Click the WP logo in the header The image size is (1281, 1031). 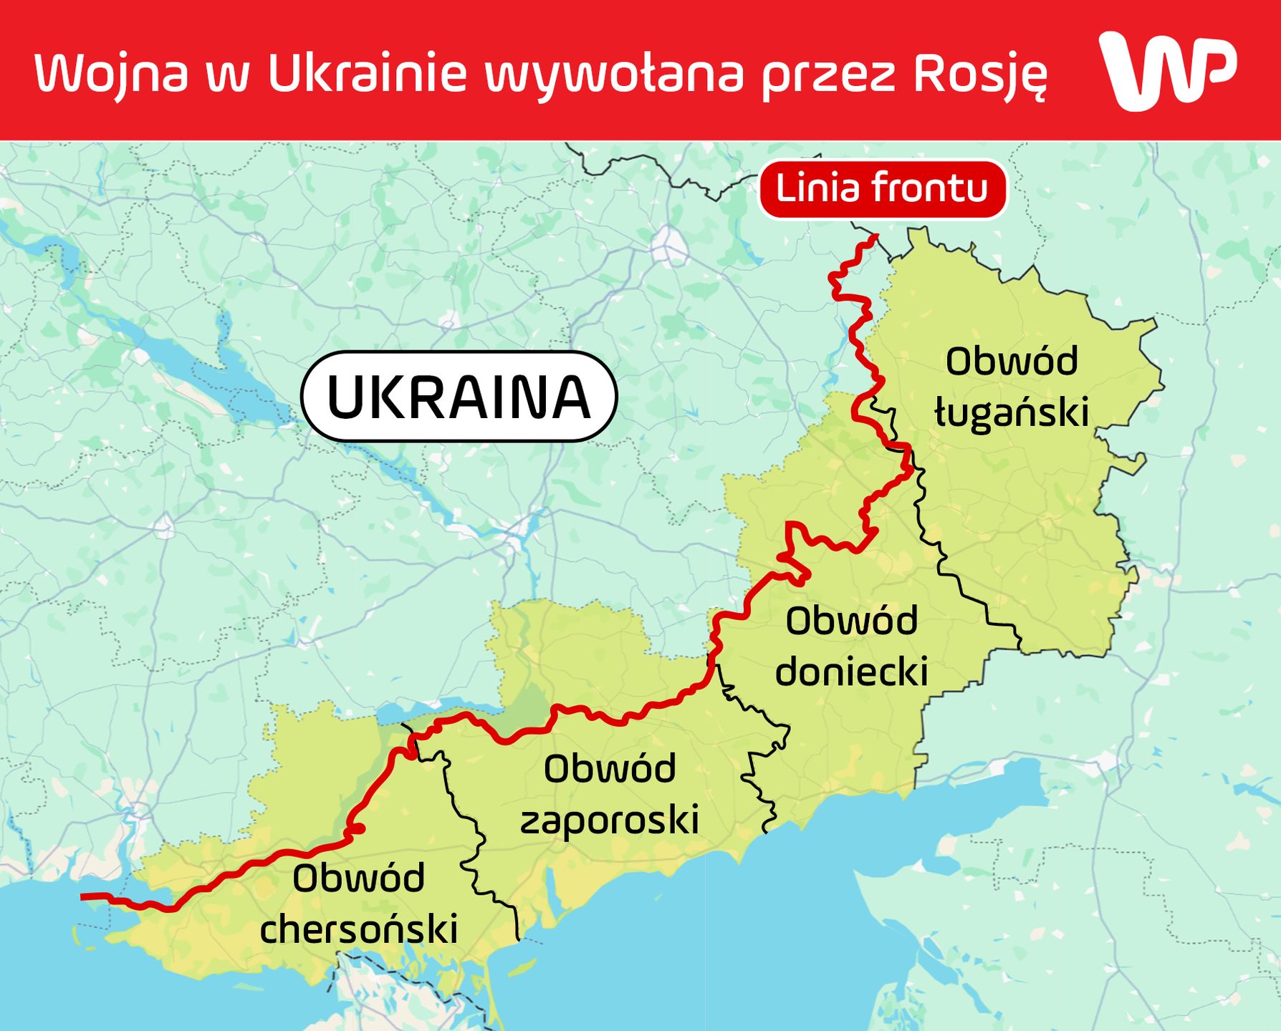1168,69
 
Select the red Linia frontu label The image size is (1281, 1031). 882,189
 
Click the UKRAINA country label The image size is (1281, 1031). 459,396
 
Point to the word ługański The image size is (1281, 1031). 1012,413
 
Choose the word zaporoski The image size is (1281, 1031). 609,820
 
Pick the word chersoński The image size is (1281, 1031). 359,929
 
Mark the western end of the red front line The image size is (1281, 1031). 83,896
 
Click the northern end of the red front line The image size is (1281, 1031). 875,236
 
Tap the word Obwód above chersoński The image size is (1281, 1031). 358,878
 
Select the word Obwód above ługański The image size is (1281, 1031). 1011,361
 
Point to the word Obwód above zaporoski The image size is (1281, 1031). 609,769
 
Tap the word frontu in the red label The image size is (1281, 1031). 929,189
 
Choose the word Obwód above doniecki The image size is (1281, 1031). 851,621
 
